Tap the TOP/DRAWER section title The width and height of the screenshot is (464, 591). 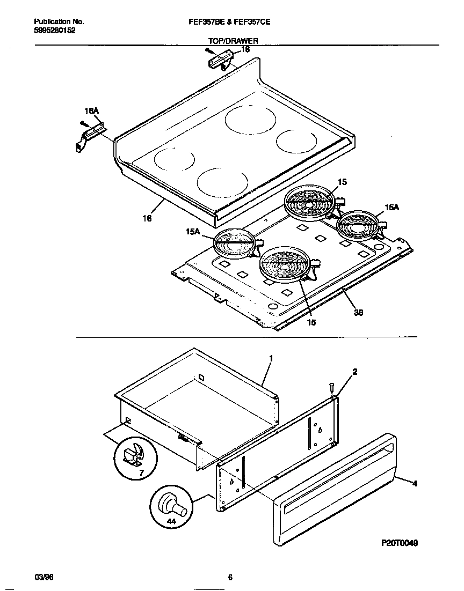pos(233,41)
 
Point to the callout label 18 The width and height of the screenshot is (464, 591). pos(245,49)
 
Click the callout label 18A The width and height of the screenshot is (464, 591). pos(92,111)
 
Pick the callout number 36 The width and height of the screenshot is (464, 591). pos(358,313)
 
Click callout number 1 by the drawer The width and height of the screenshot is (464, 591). pos(271,358)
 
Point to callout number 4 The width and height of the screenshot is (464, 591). pos(414,483)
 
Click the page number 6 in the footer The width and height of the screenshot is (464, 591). pos(230,578)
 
